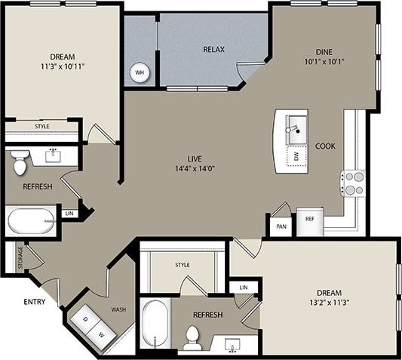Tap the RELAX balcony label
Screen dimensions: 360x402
tap(214, 50)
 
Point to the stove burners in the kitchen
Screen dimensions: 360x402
tap(353, 183)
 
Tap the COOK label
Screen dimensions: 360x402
tap(325, 146)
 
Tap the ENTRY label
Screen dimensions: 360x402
tap(34, 302)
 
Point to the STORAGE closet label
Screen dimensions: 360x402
tap(11, 258)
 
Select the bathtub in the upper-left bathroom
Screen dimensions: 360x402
tap(31, 221)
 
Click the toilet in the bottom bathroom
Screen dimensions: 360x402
tap(193, 337)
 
